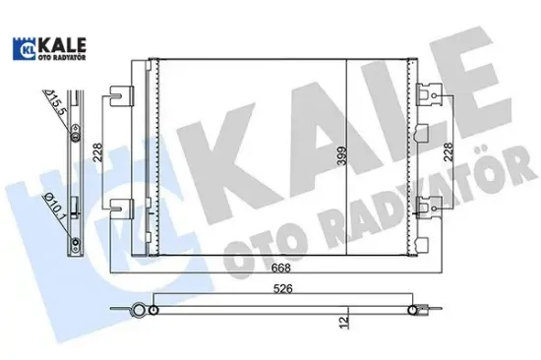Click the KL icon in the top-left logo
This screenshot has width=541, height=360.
(x=21, y=47)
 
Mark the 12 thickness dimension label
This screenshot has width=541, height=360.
(x=340, y=320)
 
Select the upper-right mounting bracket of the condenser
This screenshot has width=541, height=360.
(x=428, y=95)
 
